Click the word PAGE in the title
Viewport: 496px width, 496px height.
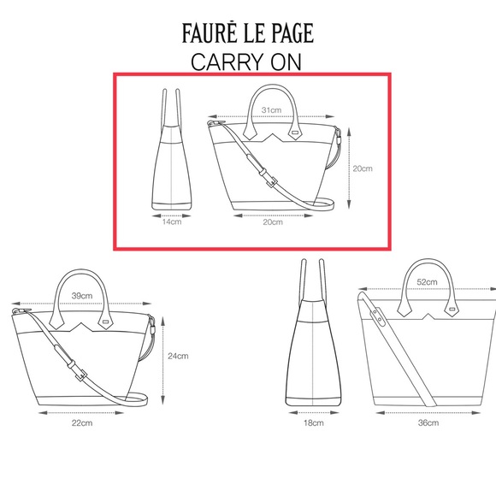[291, 34]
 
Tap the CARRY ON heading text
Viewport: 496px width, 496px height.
[247, 62]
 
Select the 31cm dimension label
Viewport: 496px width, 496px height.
[271, 110]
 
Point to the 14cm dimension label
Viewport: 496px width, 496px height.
[173, 222]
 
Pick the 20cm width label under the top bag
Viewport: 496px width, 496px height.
[272, 222]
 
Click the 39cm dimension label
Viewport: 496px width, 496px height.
[82, 295]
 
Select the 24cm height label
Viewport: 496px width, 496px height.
[178, 356]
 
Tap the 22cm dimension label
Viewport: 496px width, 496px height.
[82, 422]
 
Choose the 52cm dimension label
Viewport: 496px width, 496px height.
[427, 282]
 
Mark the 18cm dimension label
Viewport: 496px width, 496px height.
[313, 422]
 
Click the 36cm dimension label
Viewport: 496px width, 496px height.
[428, 422]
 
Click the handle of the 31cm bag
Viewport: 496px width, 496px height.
[272, 93]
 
